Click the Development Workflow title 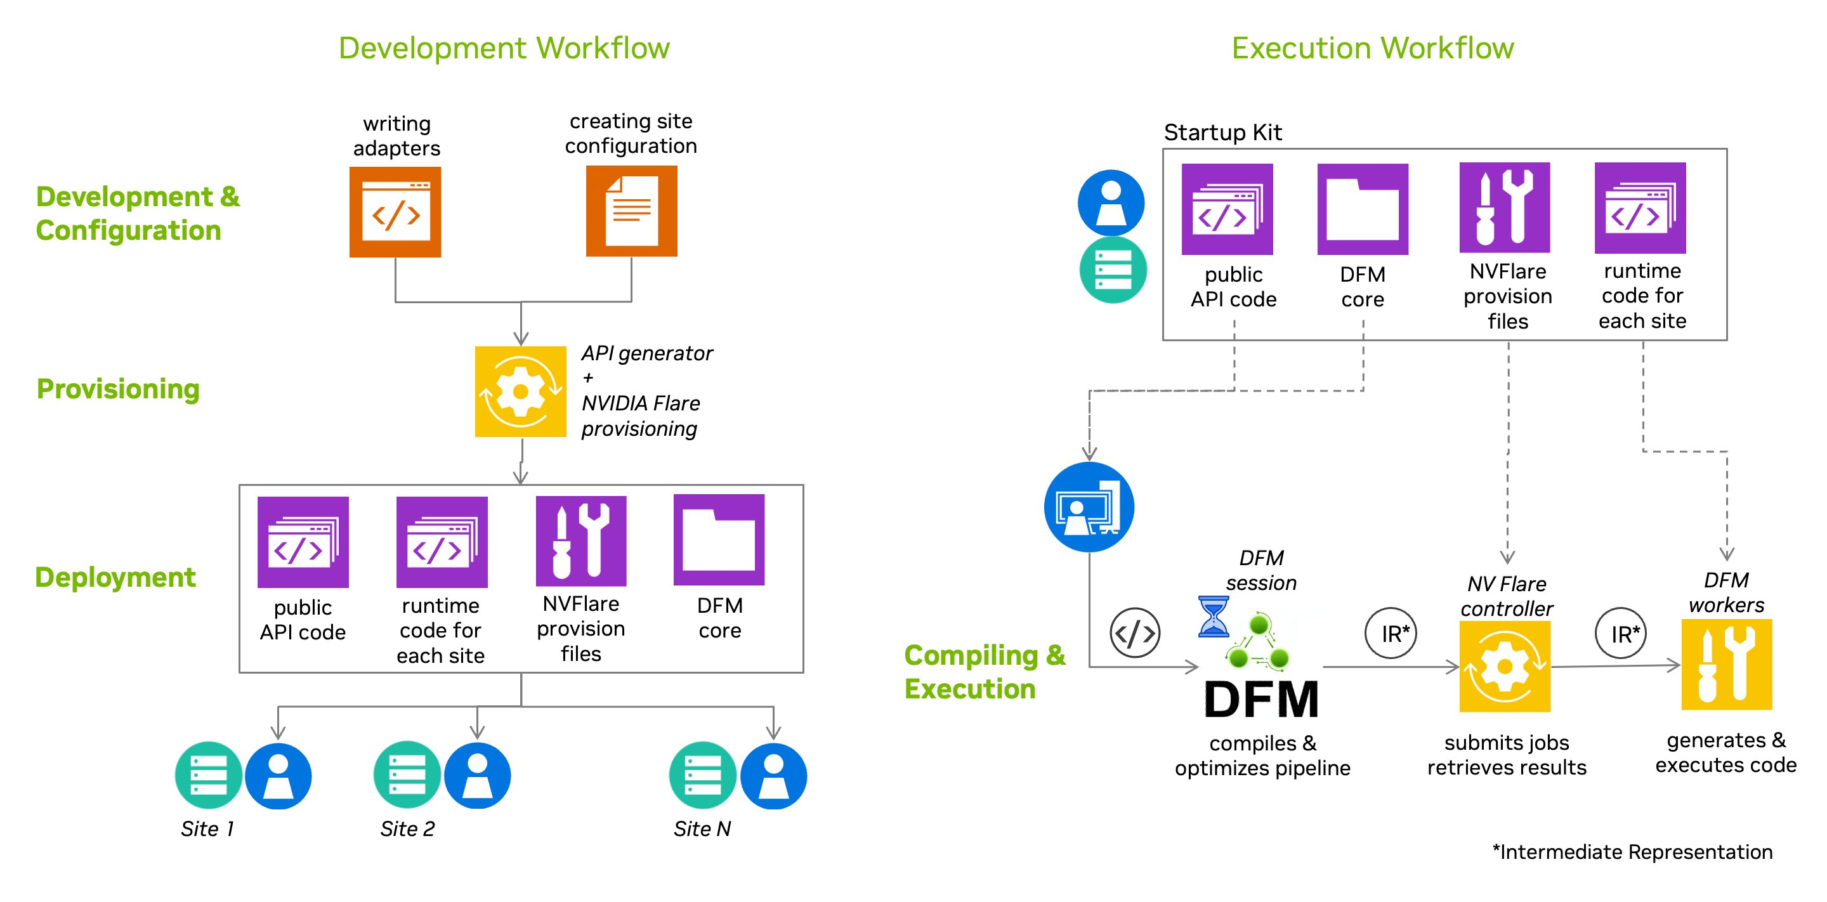pyautogui.click(x=504, y=48)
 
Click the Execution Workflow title pyautogui.click(x=1372, y=48)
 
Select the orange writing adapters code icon pyautogui.click(x=395, y=212)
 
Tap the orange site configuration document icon pyautogui.click(x=631, y=211)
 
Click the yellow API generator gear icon pyautogui.click(x=521, y=391)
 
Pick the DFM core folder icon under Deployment pyautogui.click(x=719, y=540)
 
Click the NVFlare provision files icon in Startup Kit pyautogui.click(x=1504, y=208)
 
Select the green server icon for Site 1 pyautogui.click(x=209, y=775)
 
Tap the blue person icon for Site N pyautogui.click(x=773, y=776)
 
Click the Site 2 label pyautogui.click(x=407, y=828)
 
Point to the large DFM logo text pyautogui.click(x=1261, y=699)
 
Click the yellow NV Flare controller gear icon pyautogui.click(x=1504, y=667)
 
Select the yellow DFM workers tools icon pyautogui.click(x=1726, y=664)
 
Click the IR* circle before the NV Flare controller pyautogui.click(x=1391, y=633)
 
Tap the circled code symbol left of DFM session pyautogui.click(x=1135, y=632)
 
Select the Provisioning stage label pyautogui.click(x=118, y=389)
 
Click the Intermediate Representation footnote pyautogui.click(x=1632, y=852)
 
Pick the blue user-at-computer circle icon pyautogui.click(x=1089, y=507)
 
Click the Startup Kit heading pyautogui.click(x=1222, y=133)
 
